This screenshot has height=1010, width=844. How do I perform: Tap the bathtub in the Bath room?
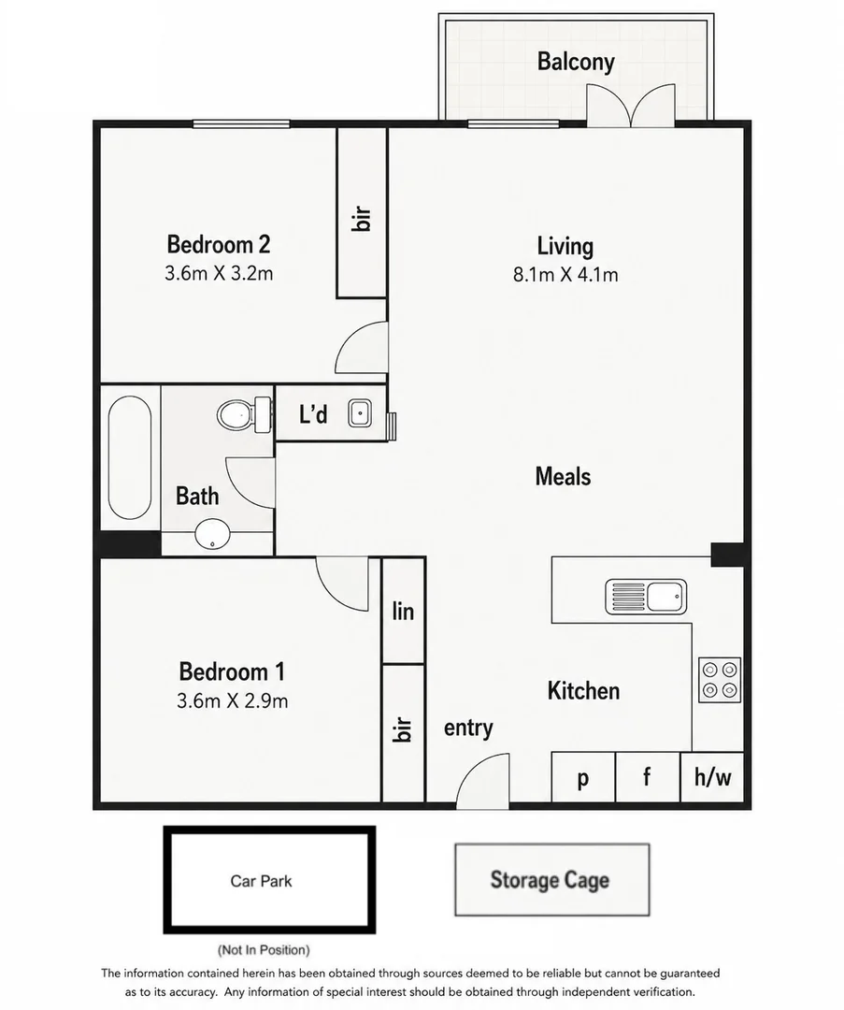(130, 457)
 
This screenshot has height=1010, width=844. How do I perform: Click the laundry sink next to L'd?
(359, 413)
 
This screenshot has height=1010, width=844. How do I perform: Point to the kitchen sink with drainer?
(646, 597)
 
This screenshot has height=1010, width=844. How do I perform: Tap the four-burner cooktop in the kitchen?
(720, 680)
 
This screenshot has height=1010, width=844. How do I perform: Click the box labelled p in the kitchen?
(583, 777)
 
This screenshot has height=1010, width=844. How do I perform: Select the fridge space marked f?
(648, 777)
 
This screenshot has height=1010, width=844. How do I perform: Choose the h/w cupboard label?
(712, 777)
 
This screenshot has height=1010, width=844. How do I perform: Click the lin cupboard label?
(403, 611)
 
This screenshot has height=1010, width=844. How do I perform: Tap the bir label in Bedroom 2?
(362, 218)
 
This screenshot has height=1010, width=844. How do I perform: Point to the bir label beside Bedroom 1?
(402, 729)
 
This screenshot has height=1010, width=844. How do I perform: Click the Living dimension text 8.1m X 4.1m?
(565, 275)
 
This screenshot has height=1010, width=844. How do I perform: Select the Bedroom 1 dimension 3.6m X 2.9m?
(233, 700)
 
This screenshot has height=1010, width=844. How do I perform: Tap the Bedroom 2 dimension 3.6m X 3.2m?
(219, 274)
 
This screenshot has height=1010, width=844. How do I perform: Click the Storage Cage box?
(551, 880)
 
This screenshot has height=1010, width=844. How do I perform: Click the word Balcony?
(576, 62)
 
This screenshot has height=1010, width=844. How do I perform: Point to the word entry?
(468, 728)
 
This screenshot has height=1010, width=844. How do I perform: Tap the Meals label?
(563, 477)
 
